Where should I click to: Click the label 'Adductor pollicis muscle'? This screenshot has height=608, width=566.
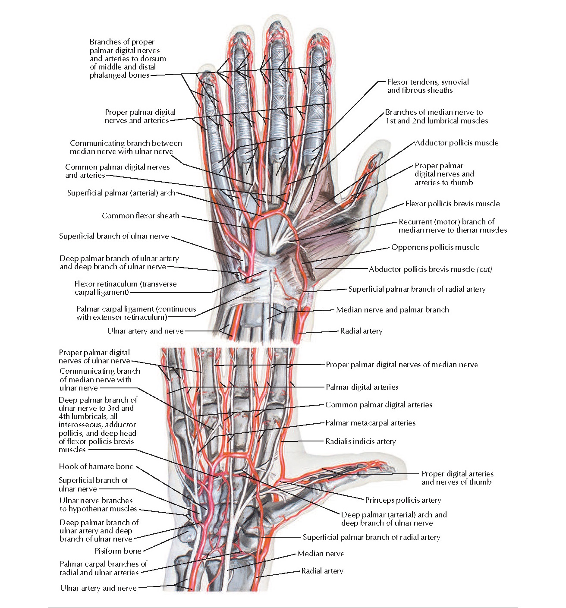pos(456,143)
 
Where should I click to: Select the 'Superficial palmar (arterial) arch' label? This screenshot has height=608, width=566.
pos(121,193)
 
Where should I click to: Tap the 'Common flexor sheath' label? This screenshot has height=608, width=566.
pos(140,215)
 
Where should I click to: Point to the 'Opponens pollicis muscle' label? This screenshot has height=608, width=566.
pos(435,247)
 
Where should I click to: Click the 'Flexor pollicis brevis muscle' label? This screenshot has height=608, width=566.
pos(452,204)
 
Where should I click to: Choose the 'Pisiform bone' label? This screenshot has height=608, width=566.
pos(118,551)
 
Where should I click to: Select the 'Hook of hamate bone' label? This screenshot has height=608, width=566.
pos(96,466)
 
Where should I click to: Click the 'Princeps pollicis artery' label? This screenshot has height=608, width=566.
pos(403,500)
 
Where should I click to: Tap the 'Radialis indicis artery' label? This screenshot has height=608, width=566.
pos(360,441)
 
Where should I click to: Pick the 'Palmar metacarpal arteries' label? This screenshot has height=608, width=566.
pos(370,423)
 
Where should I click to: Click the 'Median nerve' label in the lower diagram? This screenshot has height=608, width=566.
pos(321,554)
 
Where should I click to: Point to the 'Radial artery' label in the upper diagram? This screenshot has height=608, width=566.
pos(361,331)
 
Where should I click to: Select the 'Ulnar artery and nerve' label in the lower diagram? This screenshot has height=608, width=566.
pos(98,588)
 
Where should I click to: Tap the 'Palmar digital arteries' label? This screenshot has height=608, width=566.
pos(362,387)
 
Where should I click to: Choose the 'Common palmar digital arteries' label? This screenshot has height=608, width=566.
pos(378,405)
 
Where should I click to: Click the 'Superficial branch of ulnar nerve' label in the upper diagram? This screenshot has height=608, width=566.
pos(114,236)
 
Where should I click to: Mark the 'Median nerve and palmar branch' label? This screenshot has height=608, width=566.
pos(392,310)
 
